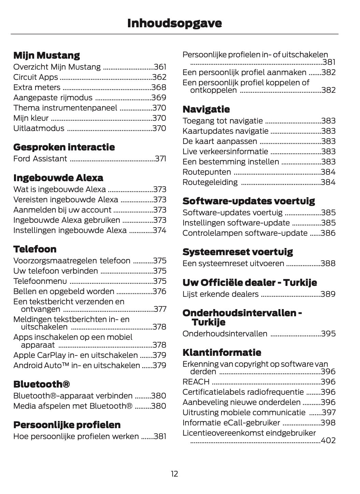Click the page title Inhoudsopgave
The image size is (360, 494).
174,23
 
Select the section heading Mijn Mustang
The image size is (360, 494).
46,55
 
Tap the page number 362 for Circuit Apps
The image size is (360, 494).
159,77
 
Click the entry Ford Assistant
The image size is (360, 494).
40,159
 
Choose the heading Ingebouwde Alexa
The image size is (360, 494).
58,178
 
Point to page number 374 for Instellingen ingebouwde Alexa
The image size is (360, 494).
159,230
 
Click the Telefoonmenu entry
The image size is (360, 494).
40,281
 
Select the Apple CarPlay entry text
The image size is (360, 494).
75,355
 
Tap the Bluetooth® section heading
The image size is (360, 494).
42,384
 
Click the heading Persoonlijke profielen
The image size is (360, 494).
67,425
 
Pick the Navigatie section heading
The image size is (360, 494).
206,109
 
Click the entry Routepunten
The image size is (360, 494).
207,172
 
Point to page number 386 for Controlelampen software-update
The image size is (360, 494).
328,233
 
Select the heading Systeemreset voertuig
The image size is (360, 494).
237,252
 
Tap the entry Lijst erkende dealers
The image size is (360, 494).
220,294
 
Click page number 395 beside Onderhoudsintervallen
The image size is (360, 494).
328,334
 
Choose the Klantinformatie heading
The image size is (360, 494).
222,352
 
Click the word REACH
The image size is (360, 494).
196,382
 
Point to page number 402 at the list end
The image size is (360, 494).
328,440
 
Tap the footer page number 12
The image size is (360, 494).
174,474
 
